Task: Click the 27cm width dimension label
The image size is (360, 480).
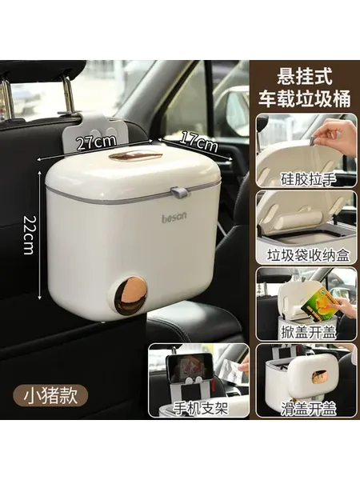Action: coord(97,142)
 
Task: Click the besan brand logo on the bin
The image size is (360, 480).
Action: coord(174,218)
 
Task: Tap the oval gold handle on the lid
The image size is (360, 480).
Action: coord(135,156)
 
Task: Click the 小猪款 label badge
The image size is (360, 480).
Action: coord(50,396)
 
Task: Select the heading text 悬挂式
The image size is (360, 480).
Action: coord(304,77)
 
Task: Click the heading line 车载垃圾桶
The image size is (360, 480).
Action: coord(305,99)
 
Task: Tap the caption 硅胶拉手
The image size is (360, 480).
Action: coord(308,178)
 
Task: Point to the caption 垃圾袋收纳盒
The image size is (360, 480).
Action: coord(308,255)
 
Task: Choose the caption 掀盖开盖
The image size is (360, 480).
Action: coord(308,332)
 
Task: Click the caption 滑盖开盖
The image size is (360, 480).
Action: coord(308,409)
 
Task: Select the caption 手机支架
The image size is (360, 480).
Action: coord(201,408)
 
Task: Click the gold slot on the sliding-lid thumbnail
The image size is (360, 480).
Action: coord(319,374)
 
